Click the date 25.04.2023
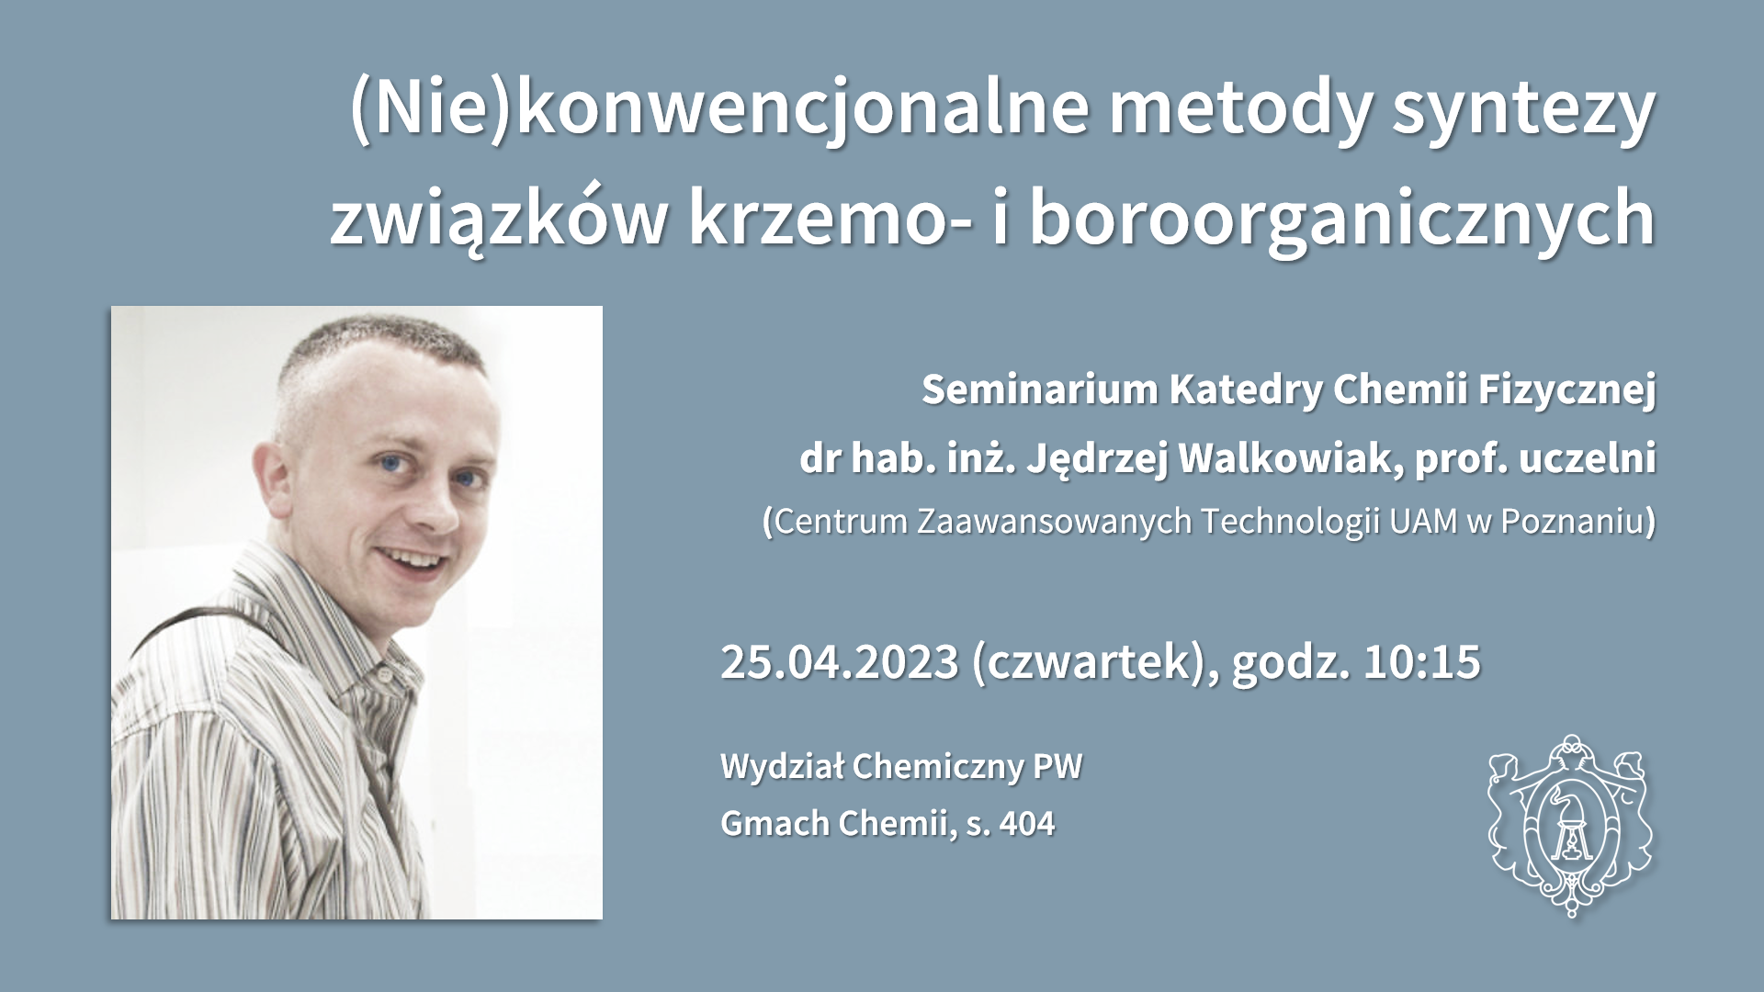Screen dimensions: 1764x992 (840, 661)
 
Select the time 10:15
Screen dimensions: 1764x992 (1422, 661)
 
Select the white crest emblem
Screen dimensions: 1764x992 (1569, 824)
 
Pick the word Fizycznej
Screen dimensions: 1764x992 (1566, 390)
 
